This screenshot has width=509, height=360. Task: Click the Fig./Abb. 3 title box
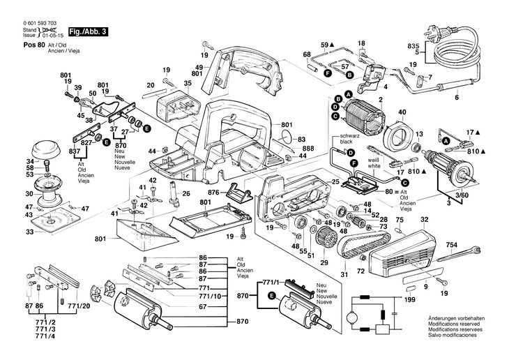pyautogui.click(x=88, y=32)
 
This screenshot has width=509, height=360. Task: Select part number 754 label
pyautogui.click(x=452, y=244)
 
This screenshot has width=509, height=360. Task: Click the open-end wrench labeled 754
pyautogui.click(x=459, y=254)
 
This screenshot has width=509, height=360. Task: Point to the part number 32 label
pyautogui.click(x=424, y=220)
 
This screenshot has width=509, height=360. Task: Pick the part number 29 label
pyautogui.click(x=324, y=262)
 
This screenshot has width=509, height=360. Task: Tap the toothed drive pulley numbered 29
pyautogui.click(x=324, y=238)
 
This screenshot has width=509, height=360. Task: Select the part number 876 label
pyautogui.click(x=213, y=193)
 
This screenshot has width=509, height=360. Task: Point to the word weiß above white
pyautogui.click(x=373, y=160)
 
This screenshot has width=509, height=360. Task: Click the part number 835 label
pyautogui.click(x=413, y=46)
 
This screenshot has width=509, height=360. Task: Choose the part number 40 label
pyautogui.click(x=402, y=112)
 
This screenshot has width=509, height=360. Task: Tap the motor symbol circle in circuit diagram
pyautogui.click(x=352, y=317)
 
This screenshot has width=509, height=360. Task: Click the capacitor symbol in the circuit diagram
pyautogui.click(x=395, y=313)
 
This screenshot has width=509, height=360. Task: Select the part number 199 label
pyautogui.click(x=410, y=299)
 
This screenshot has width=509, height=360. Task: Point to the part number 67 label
pyautogui.click(x=203, y=306)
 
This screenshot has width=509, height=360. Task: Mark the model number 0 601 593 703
pyautogui.click(x=39, y=23)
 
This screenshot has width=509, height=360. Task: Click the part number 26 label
pyautogui.click(x=186, y=194)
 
